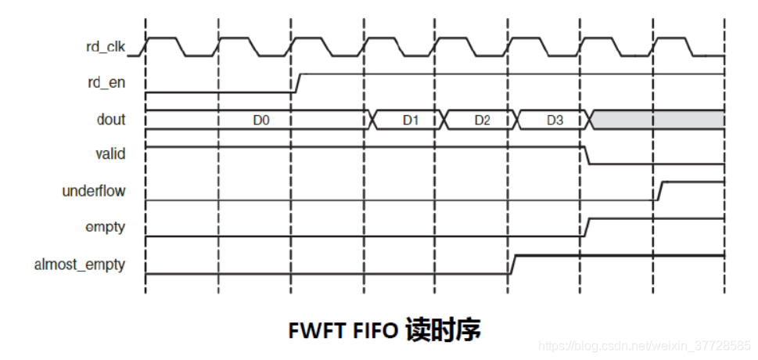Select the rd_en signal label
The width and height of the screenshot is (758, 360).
107,81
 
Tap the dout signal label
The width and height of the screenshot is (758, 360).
110,120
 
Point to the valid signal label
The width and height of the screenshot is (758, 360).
110,154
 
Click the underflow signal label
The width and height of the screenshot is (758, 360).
94,190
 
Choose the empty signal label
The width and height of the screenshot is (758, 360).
105,227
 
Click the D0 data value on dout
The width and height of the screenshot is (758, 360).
261,120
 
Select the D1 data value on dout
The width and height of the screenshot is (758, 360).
411,120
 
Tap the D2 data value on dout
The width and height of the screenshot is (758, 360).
483,120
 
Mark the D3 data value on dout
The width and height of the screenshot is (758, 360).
555,120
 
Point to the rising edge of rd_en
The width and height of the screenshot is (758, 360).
297,83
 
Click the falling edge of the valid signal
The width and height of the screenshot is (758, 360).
585,155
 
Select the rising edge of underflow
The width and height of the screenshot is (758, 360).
659,190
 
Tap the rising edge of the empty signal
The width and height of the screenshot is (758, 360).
585,227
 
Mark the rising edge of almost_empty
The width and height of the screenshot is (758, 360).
512,265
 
